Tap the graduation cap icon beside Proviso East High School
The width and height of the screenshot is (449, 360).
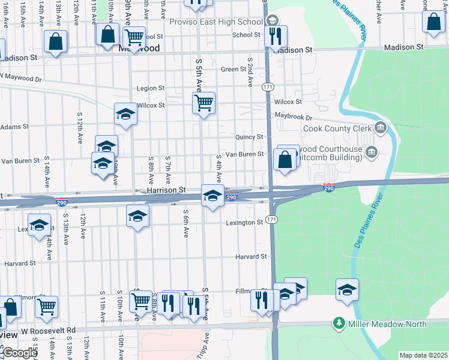(x=273, y=20)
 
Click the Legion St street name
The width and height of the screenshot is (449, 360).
(x=151, y=88)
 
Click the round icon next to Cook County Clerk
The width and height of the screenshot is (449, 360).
(x=380, y=127)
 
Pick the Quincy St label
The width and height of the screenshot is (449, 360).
(x=250, y=137)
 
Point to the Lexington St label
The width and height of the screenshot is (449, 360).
(x=244, y=223)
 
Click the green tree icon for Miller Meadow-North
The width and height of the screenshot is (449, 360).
(x=339, y=324)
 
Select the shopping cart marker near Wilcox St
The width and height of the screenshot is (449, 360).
(x=203, y=103)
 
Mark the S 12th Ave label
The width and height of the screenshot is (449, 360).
(x=79, y=127)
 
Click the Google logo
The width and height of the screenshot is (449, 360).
(x=19, y=353)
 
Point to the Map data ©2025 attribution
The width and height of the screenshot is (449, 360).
(x=423, y=355)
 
